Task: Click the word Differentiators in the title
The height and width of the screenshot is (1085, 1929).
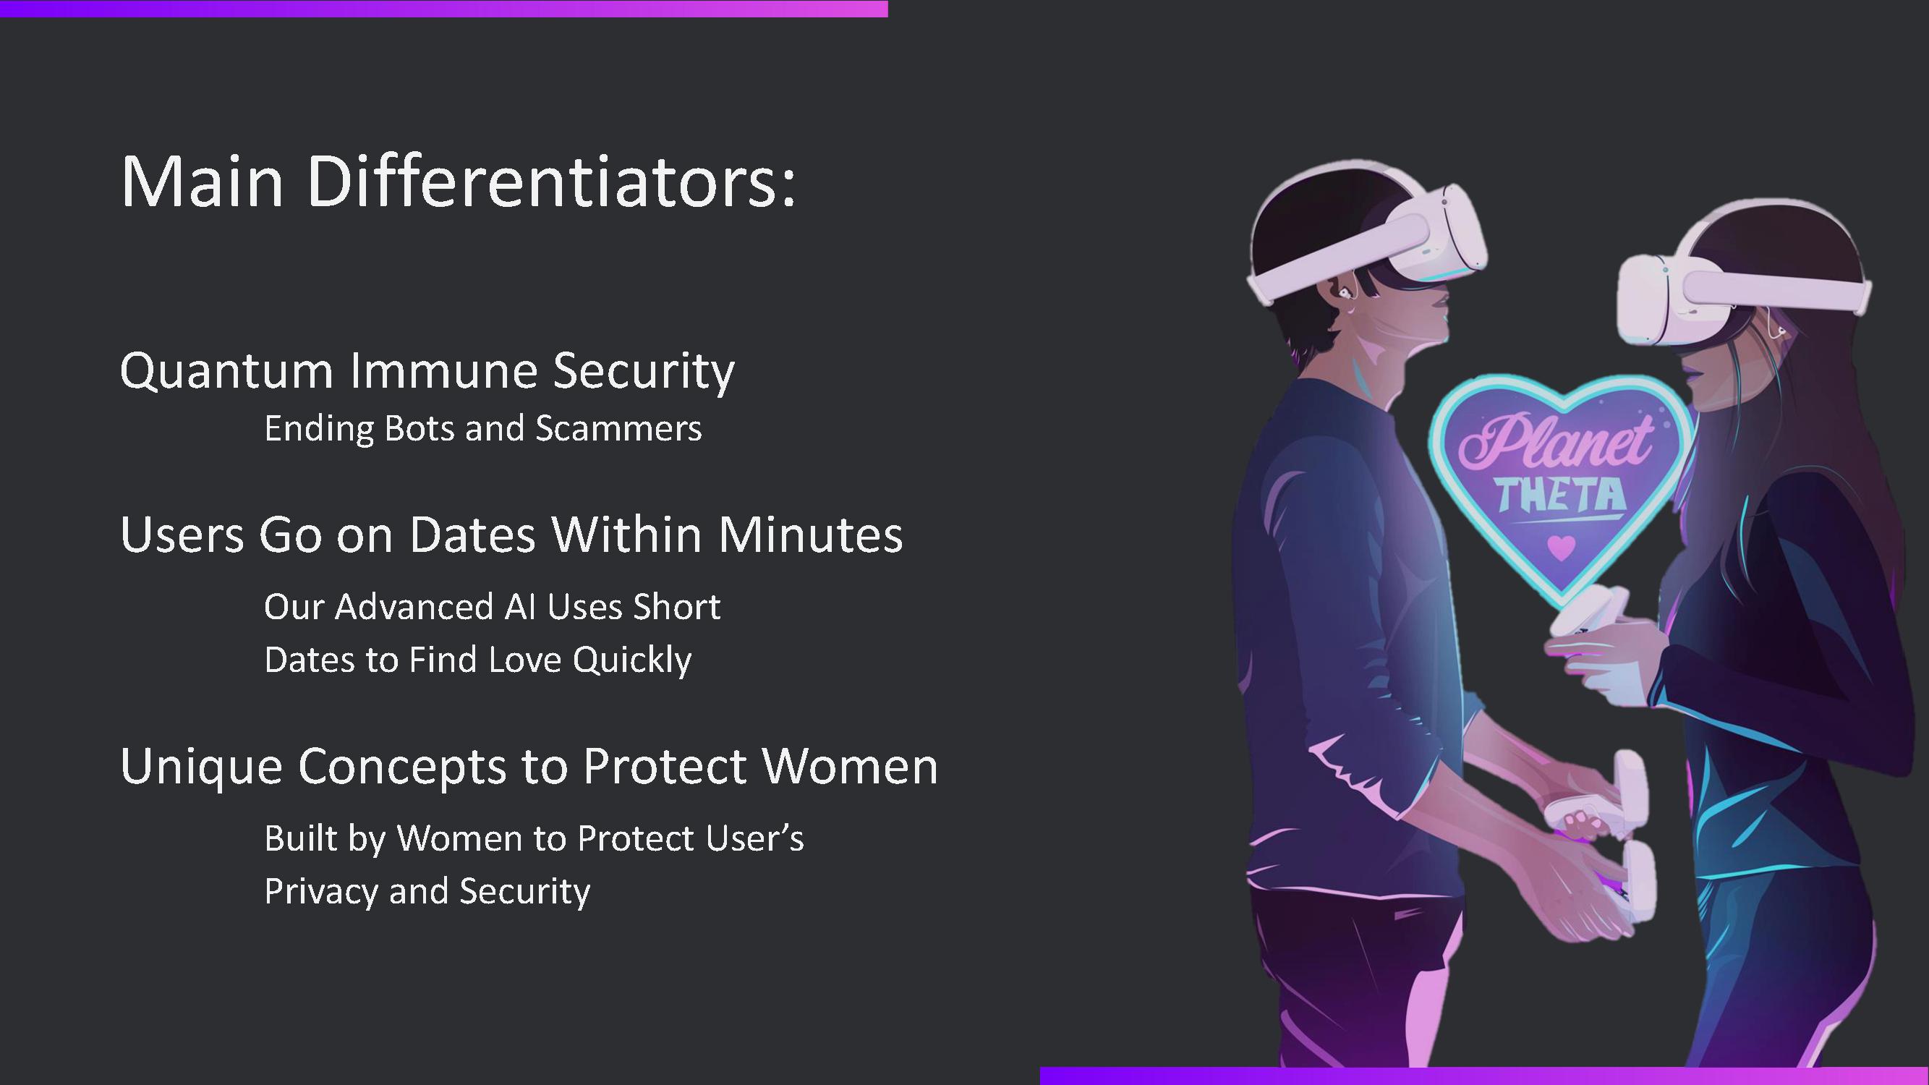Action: tap(550, 182)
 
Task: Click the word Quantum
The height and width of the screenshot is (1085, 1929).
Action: tap(226, 371)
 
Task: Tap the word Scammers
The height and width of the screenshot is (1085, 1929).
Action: tap(618, 429)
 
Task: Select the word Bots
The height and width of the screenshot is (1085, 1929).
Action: tap(418, 429)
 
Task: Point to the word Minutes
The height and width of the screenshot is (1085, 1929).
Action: tap(810, 535)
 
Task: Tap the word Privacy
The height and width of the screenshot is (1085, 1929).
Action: tap(321, 892)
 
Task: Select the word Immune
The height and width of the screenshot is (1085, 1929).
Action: tap(444, 370)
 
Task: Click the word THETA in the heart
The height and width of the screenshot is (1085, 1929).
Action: tap(1561, 495)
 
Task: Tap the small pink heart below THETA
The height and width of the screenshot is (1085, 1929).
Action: tap(1562, 547)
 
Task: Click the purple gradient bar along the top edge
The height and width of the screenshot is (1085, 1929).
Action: tap(444, 8)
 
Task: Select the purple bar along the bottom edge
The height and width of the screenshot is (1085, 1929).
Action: tap(1484, 1076)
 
